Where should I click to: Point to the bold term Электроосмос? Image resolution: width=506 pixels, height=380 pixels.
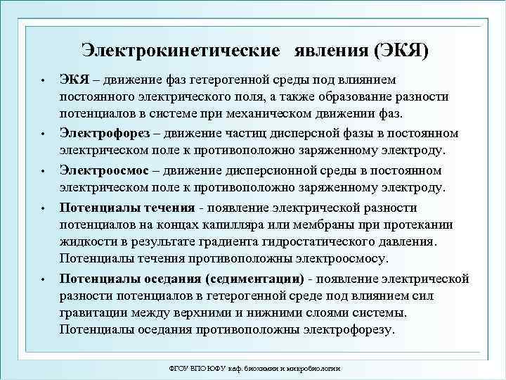(x=103, y=171)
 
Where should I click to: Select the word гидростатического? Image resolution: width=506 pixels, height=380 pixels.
(x=329, y=243)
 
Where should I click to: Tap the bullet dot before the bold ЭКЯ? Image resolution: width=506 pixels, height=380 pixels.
(x=43, y=79)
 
